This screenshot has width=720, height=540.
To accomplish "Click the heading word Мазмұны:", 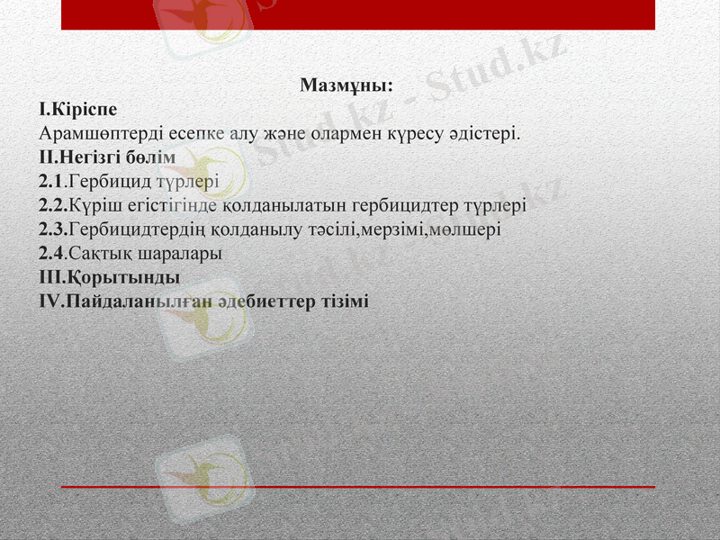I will [x=346, y=86].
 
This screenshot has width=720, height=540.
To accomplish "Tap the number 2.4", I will [x=52, y=253].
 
